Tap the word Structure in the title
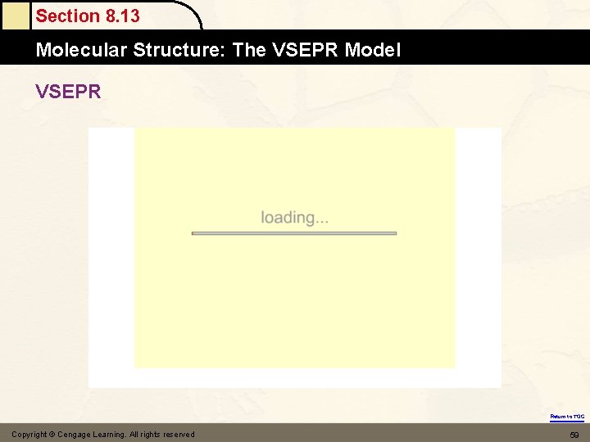tap(179, 50)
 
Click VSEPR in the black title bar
tap(305, 50)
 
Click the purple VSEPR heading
tap(68, 91)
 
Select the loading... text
tap(295, 218)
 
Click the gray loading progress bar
tap(294, 233)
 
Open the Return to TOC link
tap(567, 417)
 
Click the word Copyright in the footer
tap(29, 434)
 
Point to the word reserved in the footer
tap(179, 434)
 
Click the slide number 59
tap(574, 434)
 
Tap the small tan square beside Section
tap(15, 15)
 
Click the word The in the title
tap(249, 50)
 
